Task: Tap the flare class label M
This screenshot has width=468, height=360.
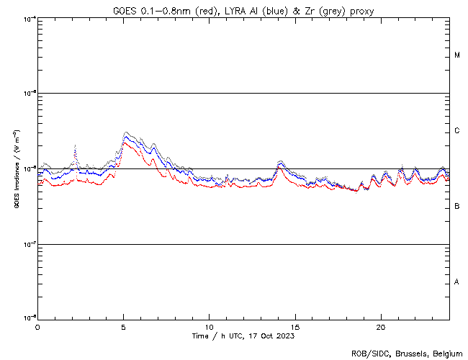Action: [x=457, y=55]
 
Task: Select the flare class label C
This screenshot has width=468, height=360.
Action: [x=457, y=131]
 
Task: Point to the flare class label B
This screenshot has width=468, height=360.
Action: [x=457, y=207]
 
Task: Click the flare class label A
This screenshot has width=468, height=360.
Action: [x=457, y=282]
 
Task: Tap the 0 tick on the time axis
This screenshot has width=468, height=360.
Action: [x=37, y=326]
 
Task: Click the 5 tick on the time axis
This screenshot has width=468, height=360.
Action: [x=123, y=326]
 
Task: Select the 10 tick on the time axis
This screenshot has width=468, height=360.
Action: [x=209, y=326]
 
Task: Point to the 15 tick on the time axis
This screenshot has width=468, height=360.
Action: [x=294, y=326]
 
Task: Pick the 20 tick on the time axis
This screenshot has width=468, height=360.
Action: [x=380, y=326]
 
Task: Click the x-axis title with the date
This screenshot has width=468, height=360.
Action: [x=243, y=336]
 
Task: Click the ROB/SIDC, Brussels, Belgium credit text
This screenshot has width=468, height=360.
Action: [x=406, y=353]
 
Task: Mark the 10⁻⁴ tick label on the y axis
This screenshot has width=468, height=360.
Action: [x=30, y=18]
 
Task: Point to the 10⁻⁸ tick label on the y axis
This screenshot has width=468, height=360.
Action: [x=30, y=318]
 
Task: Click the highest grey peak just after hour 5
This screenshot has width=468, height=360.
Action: [x=127, y=132]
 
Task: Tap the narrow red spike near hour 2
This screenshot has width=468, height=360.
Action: [x=75, y=146]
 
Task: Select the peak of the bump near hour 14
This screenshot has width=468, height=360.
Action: [x=280, y=161]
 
